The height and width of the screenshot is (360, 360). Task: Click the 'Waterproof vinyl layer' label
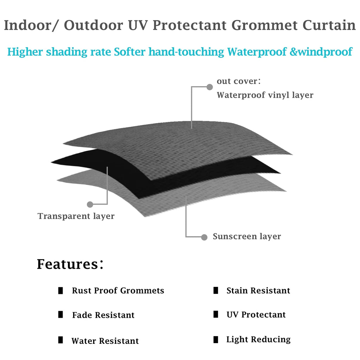[265, 95]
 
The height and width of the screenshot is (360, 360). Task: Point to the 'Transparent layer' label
[76, 216]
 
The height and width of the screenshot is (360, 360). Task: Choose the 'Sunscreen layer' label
[247, 236]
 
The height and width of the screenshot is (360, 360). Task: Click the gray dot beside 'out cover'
[210, 87]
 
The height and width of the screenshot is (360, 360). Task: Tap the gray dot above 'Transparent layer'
[90, 204]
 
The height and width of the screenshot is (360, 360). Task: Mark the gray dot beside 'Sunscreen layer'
[204, 237]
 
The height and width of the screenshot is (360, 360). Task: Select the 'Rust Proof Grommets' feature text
[118, 291]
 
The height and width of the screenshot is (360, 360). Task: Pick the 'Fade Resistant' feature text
[103, 315]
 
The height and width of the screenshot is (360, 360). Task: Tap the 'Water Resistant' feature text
[105, 341]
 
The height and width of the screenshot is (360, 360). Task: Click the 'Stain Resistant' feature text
[258, 291]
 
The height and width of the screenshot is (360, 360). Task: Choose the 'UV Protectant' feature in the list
[256, 315]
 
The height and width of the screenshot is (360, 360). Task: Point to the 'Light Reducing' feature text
[258, 339]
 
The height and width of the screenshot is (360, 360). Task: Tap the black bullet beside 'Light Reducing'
[216, 340]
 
